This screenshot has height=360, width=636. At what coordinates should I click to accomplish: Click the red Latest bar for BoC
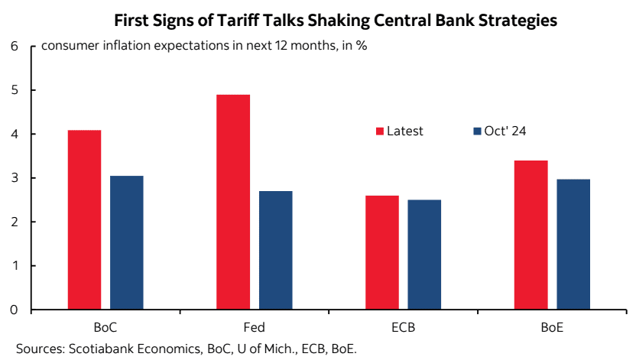tap(84, 220)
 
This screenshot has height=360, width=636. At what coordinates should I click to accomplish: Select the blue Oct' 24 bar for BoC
tap(127, 243)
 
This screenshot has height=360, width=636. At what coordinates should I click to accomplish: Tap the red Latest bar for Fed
tap(233, 203)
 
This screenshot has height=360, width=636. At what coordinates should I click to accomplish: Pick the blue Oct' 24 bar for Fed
tap(275, 251)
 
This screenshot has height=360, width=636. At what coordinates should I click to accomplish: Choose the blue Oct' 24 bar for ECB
tap(424, 255)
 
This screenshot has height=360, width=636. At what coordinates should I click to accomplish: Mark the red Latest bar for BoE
tap(531, 235)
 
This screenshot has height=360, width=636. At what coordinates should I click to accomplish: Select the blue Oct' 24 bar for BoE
tap(573, 245)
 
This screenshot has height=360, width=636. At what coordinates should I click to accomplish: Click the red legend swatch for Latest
tap(378, 131)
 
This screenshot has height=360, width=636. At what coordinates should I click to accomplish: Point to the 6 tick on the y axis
tap(14, 46)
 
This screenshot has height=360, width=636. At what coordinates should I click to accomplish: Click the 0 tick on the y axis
tap(14, 310)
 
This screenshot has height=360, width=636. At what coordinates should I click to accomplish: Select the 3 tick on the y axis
tap(14, 178)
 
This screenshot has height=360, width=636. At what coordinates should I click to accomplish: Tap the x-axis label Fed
tap(255, 328)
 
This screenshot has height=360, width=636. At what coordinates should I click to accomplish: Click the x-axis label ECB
tap(403, 328)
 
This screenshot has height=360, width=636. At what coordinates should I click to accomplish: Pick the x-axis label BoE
tap(552, 328)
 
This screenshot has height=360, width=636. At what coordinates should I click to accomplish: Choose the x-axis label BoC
tap(105, 328)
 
